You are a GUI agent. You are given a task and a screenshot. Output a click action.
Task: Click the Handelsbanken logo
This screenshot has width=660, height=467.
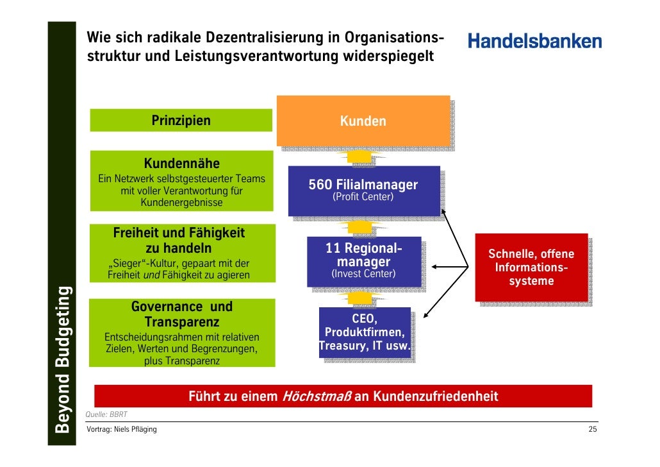(535, 42)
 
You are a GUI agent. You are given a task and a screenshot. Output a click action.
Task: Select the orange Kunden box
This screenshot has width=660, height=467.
(363, 121)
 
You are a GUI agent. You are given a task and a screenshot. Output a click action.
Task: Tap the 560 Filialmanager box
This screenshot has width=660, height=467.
(363, 190)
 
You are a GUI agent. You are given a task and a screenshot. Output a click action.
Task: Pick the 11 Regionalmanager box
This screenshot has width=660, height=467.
(363, 262)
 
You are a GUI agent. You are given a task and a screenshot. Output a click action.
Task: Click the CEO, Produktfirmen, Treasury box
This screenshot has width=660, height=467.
(365, 332)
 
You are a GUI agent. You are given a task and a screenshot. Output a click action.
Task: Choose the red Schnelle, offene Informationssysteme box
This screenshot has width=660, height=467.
(531, 267)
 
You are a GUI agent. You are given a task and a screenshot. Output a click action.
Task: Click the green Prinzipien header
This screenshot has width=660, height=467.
(181, 121)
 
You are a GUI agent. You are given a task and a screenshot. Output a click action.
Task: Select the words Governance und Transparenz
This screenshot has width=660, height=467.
(182, 314)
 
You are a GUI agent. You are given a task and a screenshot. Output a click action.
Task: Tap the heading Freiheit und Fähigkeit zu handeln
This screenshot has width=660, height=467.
(179, 241)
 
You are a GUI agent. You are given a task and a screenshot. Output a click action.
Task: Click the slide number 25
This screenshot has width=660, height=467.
(593, 429)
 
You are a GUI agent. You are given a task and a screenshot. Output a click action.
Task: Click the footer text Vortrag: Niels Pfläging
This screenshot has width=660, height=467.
(122, 429)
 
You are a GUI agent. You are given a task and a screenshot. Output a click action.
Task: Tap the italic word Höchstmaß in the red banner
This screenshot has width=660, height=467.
(316, 396)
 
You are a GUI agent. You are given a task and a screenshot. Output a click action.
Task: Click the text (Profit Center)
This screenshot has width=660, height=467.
(363, 198)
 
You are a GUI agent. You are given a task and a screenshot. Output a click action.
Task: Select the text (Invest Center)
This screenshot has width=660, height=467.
(363, 275)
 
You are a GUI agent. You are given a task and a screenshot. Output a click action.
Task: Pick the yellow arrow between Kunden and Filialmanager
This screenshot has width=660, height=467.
(361, 157)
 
